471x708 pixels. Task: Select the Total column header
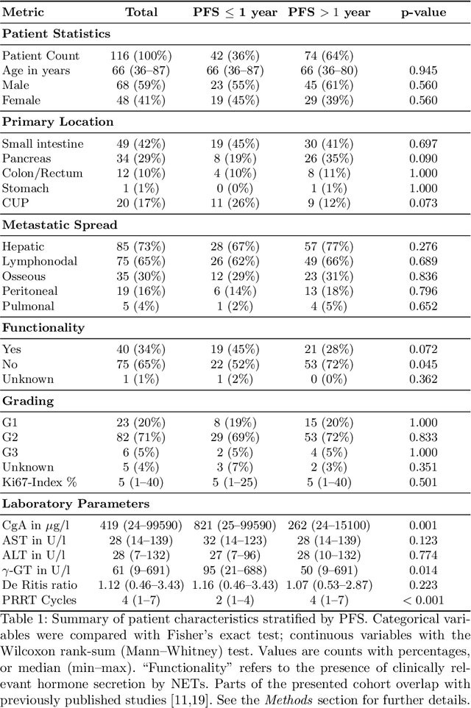pos(141,12)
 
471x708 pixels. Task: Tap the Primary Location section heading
pos(57,122)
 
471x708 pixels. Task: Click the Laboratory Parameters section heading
pos(75,504)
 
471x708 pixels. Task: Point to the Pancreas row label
pos(26,158)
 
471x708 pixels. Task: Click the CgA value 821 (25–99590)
pos(233,526)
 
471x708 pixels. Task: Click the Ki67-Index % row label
pos(38,482)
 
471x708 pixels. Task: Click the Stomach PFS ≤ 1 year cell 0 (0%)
pos(233,187)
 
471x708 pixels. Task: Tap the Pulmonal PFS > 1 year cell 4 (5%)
pos(329,305)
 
